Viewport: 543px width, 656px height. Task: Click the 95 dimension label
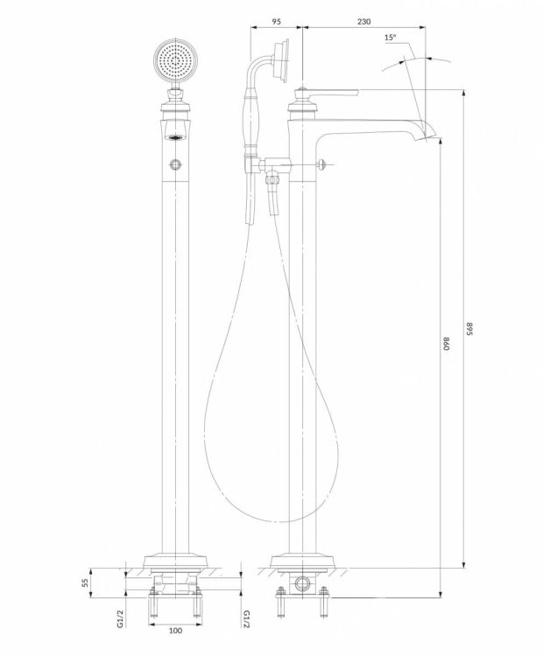pos(276,21)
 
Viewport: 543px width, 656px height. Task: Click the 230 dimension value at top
pos(363,21)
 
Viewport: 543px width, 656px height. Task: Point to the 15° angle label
pos(390,38)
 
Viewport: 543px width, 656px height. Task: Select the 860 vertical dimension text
pos(446,343)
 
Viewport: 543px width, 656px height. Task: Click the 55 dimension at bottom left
pos(84,583)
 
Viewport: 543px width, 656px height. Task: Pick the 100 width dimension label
pos(175,631)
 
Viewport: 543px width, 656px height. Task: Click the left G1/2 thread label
pos(120,618)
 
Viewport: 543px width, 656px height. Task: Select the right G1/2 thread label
pos(247,618)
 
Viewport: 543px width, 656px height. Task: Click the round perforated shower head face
pos(174,60)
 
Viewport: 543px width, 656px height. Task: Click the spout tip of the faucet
pos(432,135)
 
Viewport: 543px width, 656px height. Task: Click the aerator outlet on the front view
pos(175,136)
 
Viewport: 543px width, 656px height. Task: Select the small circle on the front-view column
pos(175,164)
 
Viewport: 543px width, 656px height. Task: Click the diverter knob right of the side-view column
pos(321,164)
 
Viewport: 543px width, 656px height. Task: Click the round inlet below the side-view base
pos(300,583)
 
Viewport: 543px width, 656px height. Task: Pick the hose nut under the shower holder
pos(272,179)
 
